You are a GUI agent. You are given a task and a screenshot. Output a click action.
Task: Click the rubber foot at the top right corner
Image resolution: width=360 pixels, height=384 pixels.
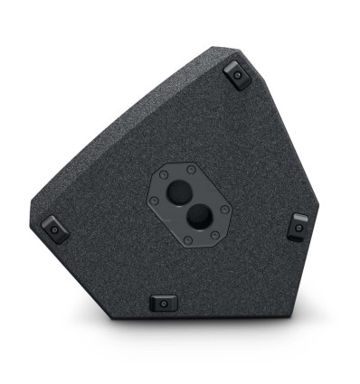(x=236, y=75)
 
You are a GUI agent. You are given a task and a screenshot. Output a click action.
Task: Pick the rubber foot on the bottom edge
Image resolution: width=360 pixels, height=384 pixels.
(x=163, y=303)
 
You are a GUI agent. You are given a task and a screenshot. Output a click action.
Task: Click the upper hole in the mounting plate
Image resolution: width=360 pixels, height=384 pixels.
(x=181, y=191)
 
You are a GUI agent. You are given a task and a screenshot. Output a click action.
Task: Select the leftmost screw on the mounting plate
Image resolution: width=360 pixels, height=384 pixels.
(x=154, y=200)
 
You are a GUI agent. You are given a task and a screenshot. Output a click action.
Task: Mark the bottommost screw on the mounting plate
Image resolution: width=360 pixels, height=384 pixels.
(x=186, y=239)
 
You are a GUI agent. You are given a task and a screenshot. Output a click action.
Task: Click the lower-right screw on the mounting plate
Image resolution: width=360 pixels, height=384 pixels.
(x=214, y=233)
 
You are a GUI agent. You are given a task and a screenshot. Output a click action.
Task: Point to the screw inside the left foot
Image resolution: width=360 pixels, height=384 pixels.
(x=53, y=229)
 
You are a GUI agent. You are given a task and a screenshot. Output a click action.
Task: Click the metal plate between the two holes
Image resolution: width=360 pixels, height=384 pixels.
(x=187, y=204)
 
